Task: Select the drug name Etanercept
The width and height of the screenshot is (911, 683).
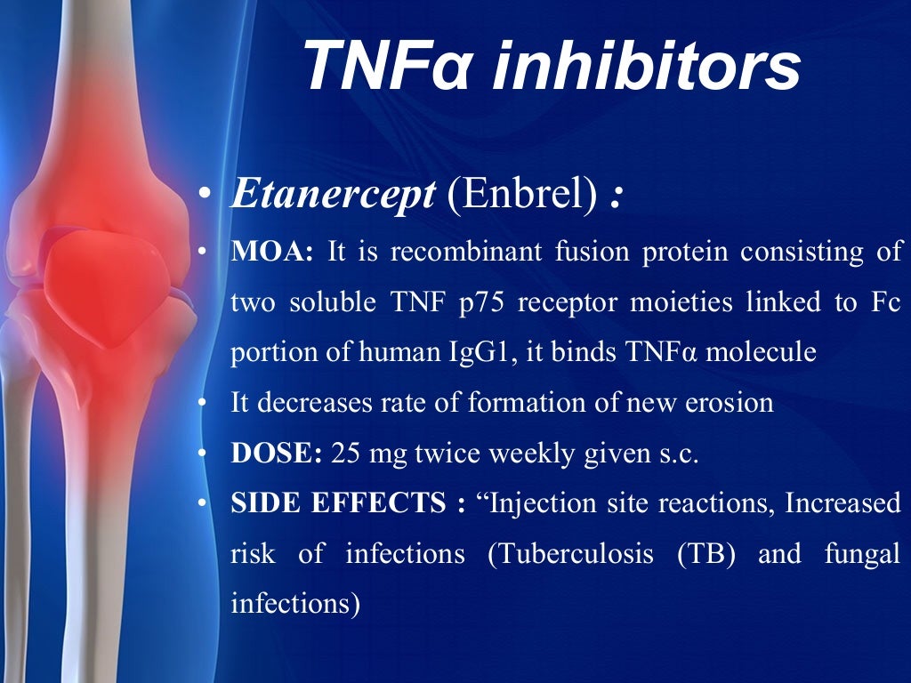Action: point(333,195)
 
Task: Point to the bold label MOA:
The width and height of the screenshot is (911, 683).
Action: point(272,252)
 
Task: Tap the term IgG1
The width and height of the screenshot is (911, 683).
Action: point(477,352)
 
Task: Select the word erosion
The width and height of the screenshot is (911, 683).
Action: point(730,403)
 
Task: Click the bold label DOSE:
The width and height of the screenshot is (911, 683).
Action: point(276,454)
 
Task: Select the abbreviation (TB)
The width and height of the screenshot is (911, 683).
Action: point(706,554)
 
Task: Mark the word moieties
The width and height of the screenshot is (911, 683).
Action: point(677,302)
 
